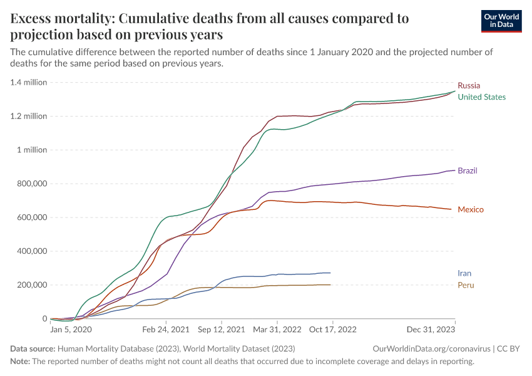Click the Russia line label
tap(469, 85)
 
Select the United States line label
tap(481, 97)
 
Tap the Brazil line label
tap(468, 170)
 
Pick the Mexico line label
tap(471, 209)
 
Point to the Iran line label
tap(464, 273)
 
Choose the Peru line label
tap(466, 285)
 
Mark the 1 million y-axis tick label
tap(31, 150)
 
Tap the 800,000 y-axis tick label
tap(30, 184)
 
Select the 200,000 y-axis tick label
tap(30, 285)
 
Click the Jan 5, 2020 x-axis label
tap(71, 328)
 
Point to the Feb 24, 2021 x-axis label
tap(166, 328)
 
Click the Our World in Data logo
tap(501, 21)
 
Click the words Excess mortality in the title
tap(59, 19)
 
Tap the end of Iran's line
tap(330, 273)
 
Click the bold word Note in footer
tap(21, 362)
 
